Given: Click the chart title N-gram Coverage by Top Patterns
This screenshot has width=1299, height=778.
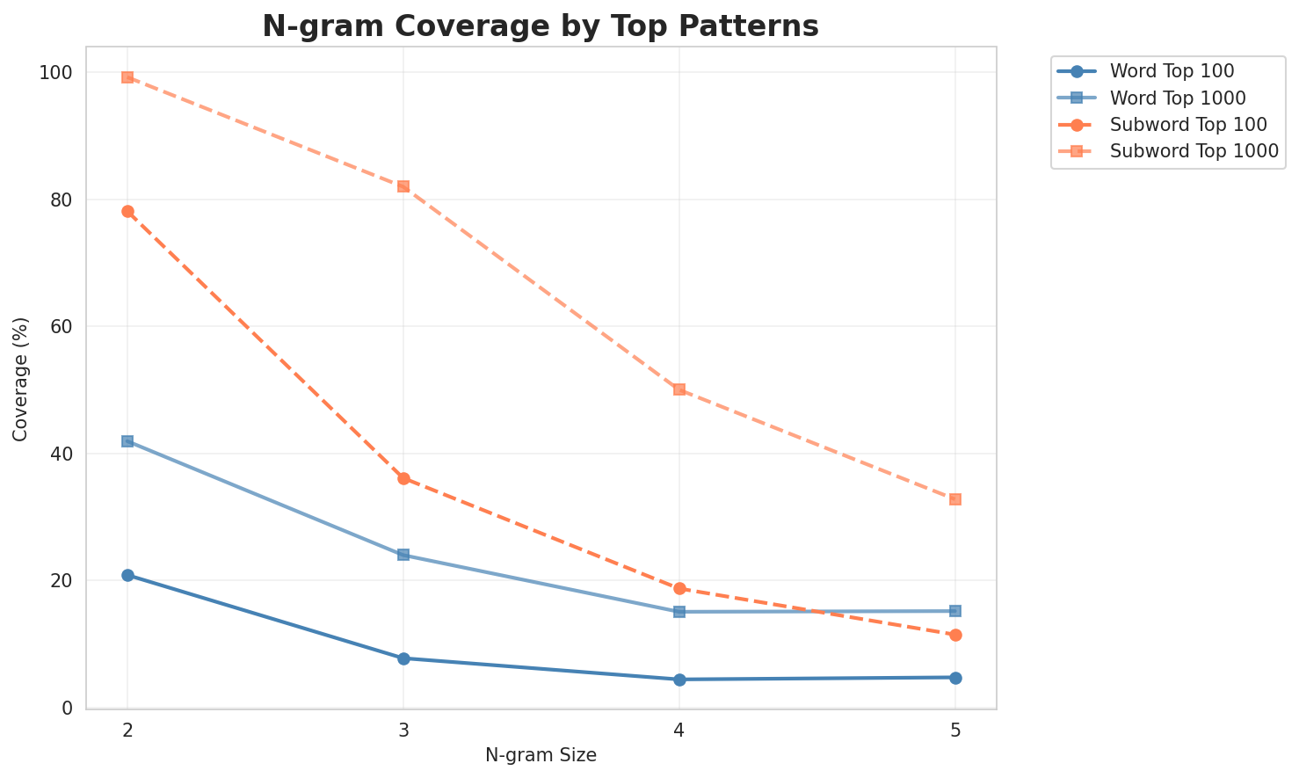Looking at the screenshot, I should click(x=541, y=26).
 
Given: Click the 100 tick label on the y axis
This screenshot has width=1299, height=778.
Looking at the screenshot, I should click(x=55, y=73).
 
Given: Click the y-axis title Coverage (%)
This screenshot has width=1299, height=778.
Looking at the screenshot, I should click(x=20, y=379).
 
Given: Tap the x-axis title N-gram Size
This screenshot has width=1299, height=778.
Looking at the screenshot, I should click(x=541, y=755).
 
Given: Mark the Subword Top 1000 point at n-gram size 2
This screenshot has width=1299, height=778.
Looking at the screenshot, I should click(x=127, y=77).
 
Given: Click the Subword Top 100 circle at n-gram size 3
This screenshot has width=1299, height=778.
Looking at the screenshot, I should click(x=403, y=478).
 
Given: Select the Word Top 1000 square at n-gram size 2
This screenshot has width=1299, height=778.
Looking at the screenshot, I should click(x=127, y=441).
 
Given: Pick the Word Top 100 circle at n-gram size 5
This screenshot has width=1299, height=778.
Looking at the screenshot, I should click(x=955, y=678).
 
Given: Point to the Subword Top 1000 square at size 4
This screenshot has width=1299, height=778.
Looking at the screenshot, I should click(x=679, y=389).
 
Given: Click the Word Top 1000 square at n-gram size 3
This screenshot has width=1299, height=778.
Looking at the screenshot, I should click(x=403, y=555).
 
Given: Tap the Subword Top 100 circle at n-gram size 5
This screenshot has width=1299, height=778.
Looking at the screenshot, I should click(x=955, y=635).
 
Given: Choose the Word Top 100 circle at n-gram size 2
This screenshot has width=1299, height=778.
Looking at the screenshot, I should click(x=127, y=575).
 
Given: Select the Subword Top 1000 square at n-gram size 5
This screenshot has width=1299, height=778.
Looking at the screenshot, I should click(x=955, y=499).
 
